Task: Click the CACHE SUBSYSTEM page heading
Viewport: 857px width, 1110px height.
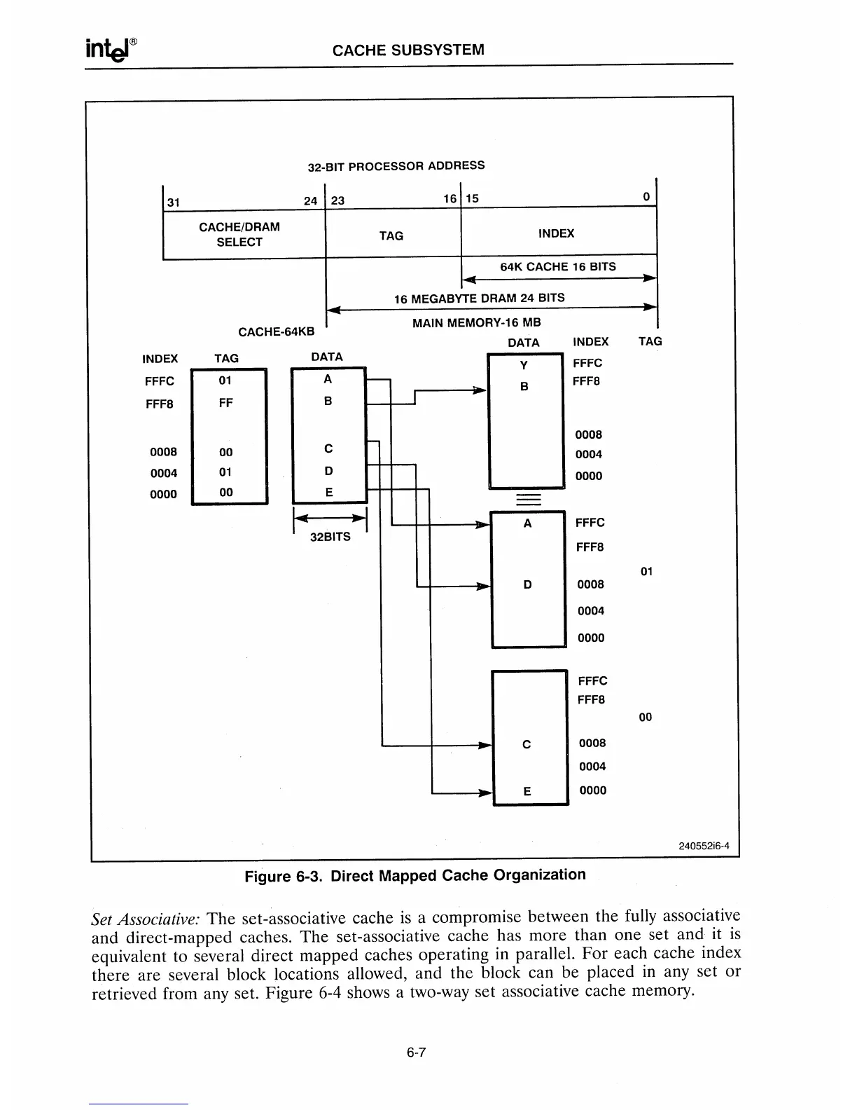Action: [x=407, y=50]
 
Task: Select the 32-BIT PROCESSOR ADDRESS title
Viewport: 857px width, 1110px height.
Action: [x=396, y=166]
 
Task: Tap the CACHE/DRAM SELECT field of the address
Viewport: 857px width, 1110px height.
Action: [x=239, y=234]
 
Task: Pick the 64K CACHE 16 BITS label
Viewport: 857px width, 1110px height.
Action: [x=557, y=266]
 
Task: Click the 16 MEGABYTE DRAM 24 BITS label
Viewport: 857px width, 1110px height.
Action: [x=479, y=298]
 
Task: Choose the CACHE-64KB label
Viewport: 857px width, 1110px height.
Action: [x=276, y=331]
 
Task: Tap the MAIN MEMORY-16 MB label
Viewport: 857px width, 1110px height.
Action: [x=476, y=323]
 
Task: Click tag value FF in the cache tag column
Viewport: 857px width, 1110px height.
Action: [x=225, y=403]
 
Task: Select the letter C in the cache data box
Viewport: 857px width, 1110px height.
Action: [x=328, y=448]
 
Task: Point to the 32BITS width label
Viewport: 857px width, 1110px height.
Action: [x=330, y=537]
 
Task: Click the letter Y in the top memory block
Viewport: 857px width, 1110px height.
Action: [x=524, y=365]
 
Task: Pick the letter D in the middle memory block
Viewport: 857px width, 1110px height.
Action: [x=528, y=584]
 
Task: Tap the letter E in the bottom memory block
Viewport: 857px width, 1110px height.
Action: [x=527, y=791]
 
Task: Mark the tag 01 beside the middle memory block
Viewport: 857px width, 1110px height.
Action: [x=646, y=572]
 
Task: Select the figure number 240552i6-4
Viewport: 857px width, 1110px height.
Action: [x=704, y=845]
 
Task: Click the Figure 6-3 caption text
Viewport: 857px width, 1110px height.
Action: [x=414, y=875]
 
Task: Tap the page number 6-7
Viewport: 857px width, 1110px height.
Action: [x=416, y=1052]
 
